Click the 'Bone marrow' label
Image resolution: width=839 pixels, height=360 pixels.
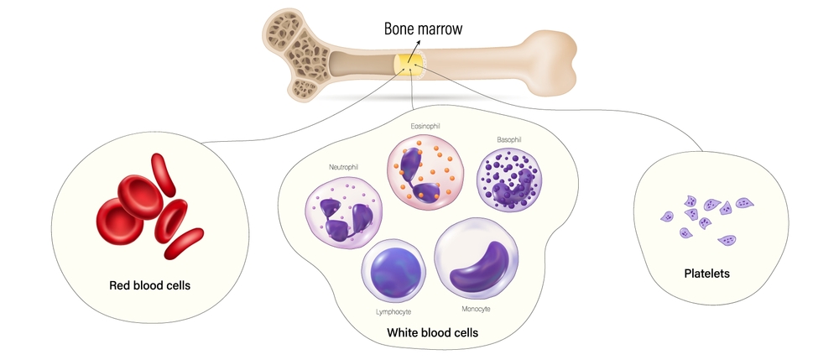(423, 29)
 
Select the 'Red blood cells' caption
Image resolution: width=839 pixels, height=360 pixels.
(150, 285)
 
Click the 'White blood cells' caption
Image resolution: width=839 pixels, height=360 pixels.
(432, 332)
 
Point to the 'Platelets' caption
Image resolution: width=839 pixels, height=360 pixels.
(706, 274)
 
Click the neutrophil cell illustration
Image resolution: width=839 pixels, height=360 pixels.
(343, 212)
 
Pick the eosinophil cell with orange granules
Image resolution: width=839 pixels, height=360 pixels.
(425, 172)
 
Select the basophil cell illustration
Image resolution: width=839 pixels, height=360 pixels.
(509, 180)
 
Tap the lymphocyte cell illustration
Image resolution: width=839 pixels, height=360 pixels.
(393, 271)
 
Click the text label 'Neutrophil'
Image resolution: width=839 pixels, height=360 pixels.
(343, 167)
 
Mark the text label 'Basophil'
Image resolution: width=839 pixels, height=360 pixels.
(509, 139)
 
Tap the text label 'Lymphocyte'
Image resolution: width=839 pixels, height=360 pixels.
(393, 312)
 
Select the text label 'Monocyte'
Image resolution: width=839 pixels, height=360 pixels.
(476, 309)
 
